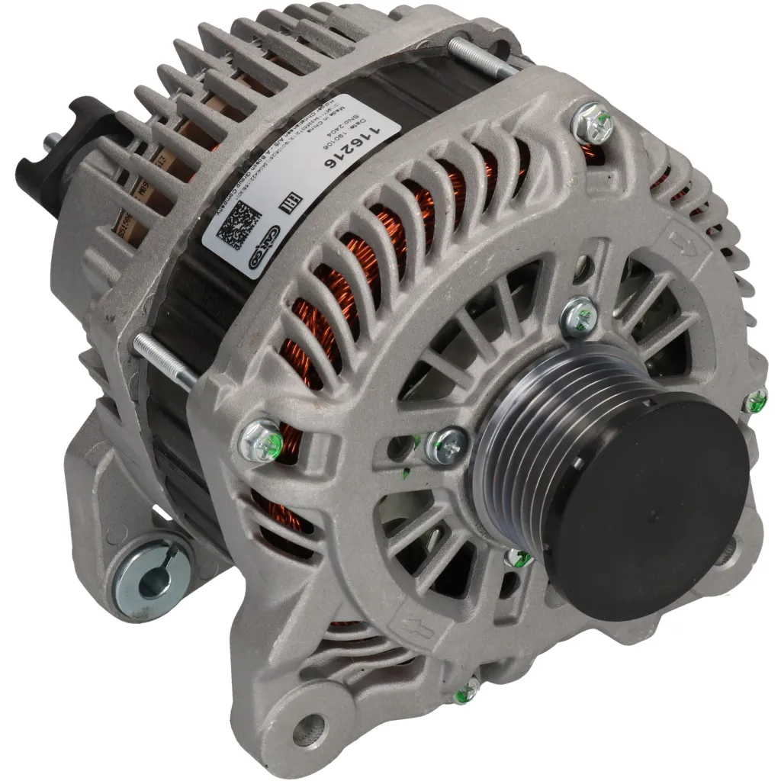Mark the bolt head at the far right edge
tap(755, 400)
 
